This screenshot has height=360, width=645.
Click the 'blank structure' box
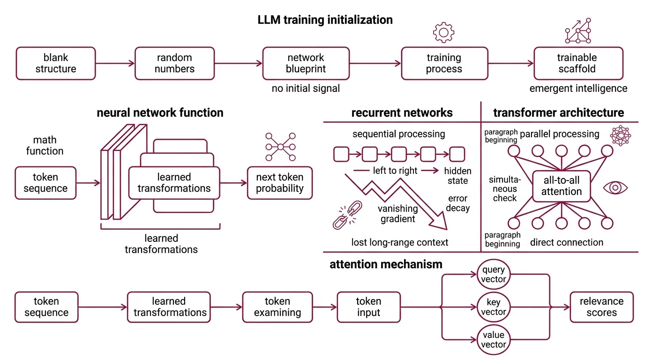click(x=56, y=63)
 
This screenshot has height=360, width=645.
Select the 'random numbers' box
click(x=174, y=63)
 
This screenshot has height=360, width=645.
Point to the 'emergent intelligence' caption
click(x=578, y=88)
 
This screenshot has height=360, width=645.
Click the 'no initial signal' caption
click(x=306, y=88)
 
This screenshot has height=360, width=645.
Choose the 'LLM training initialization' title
click(x=325, y=20)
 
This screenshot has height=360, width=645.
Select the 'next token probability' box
click(x=280, y=183)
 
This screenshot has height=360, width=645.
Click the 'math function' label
click(x=45, y=145)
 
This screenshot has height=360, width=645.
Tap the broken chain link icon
click(x=345, y=216)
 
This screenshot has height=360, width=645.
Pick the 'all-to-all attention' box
click(x=561, y=186)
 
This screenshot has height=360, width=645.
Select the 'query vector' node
click(x=494, y=275)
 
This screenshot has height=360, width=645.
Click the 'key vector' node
click(x=494, y=307)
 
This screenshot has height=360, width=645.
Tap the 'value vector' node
click(x=494, y=340)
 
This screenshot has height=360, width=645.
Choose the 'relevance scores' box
click(x=601, y=307)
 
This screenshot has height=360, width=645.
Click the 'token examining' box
click(x=277, y=307)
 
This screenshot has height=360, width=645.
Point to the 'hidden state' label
click(x=457, y=176)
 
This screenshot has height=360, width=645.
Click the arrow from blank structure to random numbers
click(x=115, y=63)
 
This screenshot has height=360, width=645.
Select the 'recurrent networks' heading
click(x=402, y=113)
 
